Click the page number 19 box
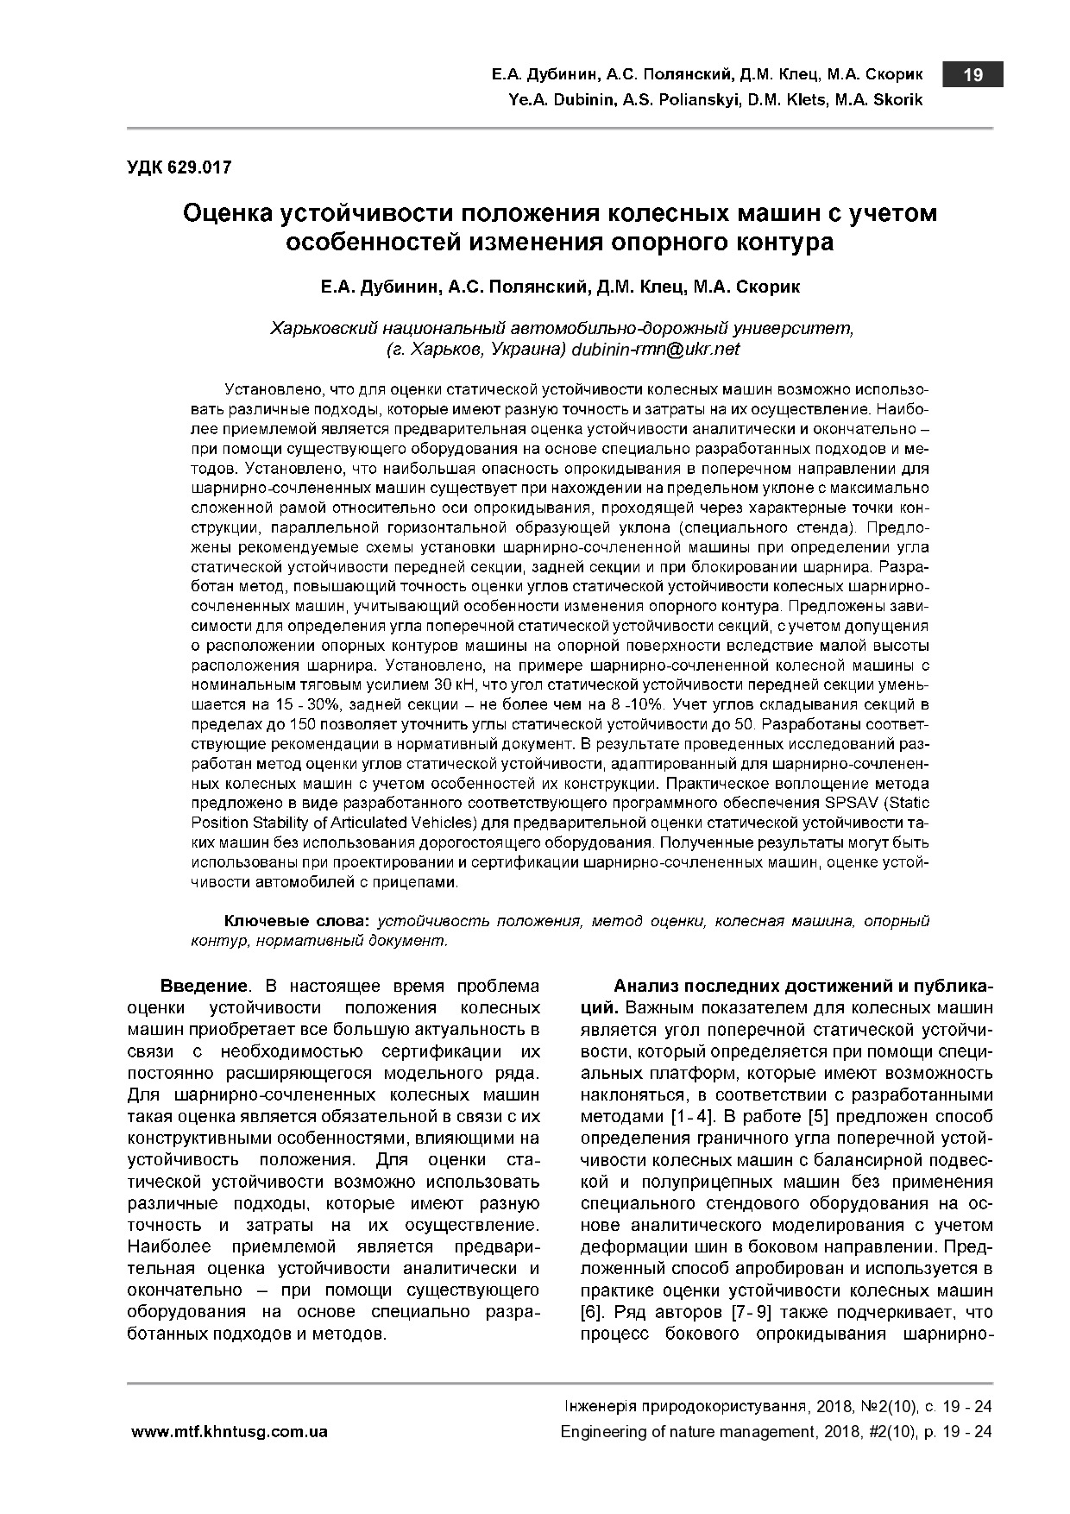pos(972,75)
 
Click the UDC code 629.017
pos(179,168)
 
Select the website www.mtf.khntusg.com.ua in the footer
pos(230,1432)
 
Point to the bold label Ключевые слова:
pos(297,921)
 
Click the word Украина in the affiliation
pos(529,350)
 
